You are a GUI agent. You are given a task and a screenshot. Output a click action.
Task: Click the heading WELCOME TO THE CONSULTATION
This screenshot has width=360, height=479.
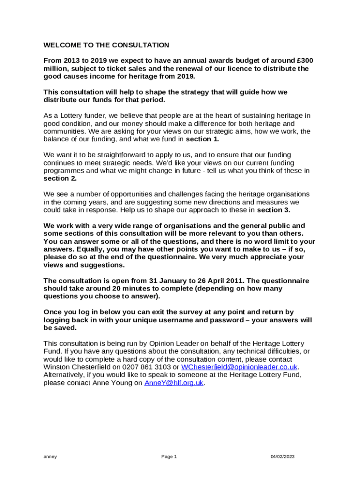(x=106, y=45)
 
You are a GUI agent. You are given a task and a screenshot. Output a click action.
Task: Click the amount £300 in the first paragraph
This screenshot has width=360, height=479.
(x=305, y=61)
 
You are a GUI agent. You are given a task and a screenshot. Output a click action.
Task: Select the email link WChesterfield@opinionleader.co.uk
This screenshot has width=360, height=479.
(x=239, y=367)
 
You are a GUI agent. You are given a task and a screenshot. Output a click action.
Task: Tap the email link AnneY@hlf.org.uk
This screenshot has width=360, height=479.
(x=174, y=383)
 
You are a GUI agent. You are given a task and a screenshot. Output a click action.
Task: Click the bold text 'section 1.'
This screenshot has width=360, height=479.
(x=202, y=139)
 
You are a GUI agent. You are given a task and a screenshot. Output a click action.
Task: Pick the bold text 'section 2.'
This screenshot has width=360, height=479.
(x=60, y=179)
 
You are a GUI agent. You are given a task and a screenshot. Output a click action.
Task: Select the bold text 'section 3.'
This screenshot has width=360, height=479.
(x=274, y=210)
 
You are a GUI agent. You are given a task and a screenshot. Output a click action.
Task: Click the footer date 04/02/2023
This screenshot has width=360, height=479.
(x=283, y=457)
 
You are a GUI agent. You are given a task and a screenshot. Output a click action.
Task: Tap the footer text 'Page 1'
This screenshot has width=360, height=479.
(x=169, y=457)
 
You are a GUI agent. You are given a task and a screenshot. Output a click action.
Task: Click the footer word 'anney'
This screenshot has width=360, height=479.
(x=50, y=457)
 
